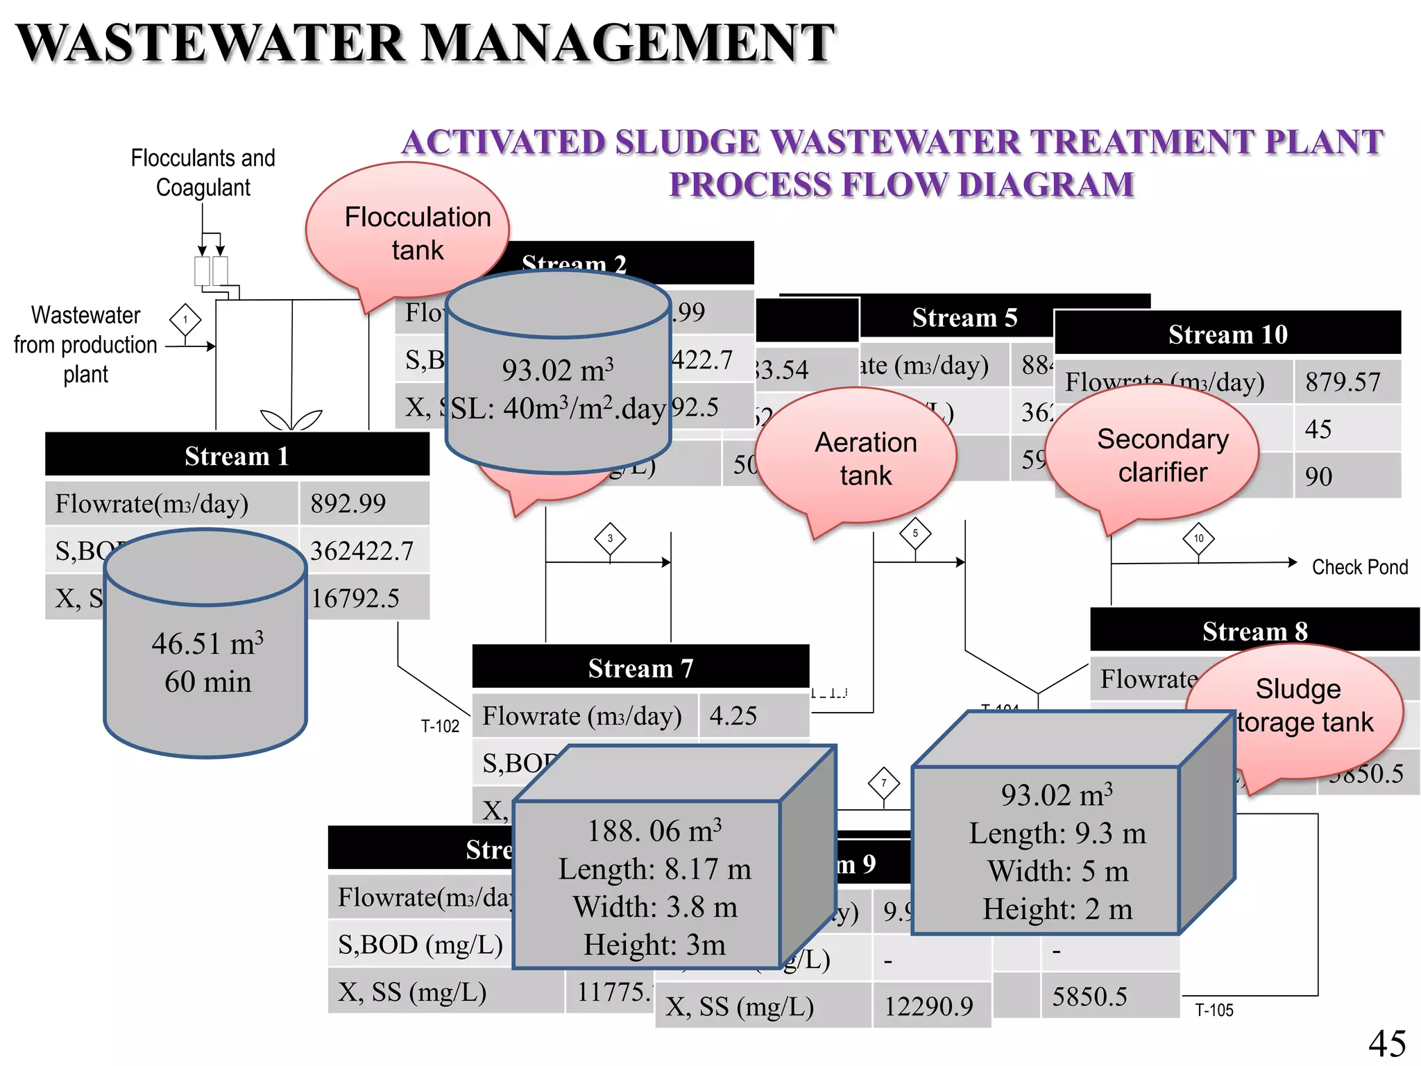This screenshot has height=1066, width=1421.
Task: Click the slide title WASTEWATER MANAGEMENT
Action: coord(425,43)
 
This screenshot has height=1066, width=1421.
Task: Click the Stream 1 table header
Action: coord(237,455)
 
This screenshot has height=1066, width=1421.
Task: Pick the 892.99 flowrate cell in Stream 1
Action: coord(348,503)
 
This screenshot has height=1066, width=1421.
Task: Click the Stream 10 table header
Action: coord(1227,334)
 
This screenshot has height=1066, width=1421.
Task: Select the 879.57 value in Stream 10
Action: coord(1343,382)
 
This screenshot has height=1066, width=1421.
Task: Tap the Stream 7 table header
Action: coord(640,668)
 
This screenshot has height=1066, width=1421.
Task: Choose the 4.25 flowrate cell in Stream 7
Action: coord(733,716)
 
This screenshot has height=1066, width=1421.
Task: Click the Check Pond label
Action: coord(1359,567)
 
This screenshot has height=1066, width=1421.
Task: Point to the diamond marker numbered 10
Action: coord(1198,539)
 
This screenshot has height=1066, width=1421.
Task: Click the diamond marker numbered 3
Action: coord(610,539)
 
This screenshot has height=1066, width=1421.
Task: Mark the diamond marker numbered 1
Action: coord(185,320)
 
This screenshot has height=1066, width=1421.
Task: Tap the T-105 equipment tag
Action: coord(1214,1010)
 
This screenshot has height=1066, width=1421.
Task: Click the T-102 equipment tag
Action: coord(440,726)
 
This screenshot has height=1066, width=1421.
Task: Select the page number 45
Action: coord(1386,1043)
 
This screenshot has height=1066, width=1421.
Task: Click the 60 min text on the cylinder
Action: coord(207,682)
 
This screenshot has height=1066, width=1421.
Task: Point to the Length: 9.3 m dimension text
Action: coord(1057,833)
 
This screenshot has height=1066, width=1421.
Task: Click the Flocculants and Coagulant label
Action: coord(203,172)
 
